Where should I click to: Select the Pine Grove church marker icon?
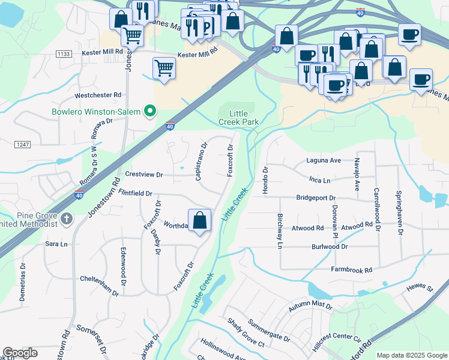coord(67,219)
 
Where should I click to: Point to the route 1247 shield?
coord(23,145)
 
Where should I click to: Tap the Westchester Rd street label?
coord(98,95)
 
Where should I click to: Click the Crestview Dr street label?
coord(143,175)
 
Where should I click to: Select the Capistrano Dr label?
coord(200,161)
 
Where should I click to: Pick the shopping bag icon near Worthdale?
coord(200,220)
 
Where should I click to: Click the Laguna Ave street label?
coord(323,161)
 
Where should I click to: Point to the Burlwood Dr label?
coord(329,247)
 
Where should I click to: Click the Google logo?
coord(20,353)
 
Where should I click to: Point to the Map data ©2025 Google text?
coord(411,355)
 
